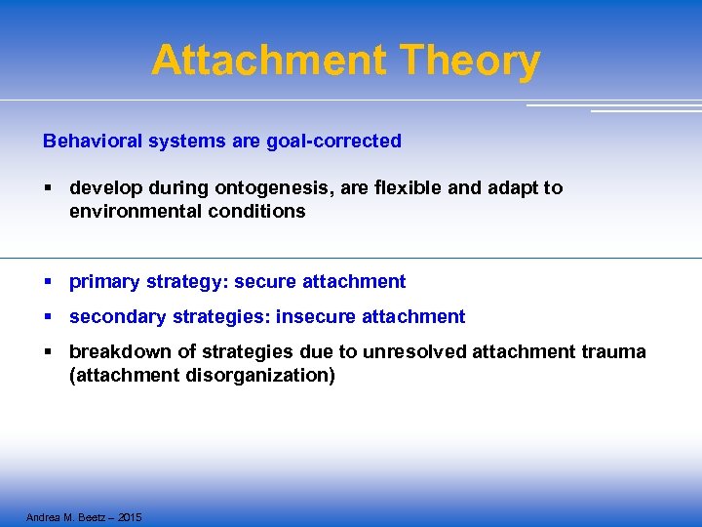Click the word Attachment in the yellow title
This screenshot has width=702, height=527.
pos(269,61)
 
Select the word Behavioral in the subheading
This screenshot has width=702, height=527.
pos(93,141)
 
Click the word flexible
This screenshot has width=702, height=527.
pos(405,187)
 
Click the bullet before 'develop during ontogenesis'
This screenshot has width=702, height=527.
pos(48,188)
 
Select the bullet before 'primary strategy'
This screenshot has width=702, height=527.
pos(48,282)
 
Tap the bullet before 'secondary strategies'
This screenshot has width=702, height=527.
pos(48,317)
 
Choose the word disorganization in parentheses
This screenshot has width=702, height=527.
pos(260,375)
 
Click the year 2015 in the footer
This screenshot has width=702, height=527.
pos(128,516)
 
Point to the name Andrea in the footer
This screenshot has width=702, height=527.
pos(44,516)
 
